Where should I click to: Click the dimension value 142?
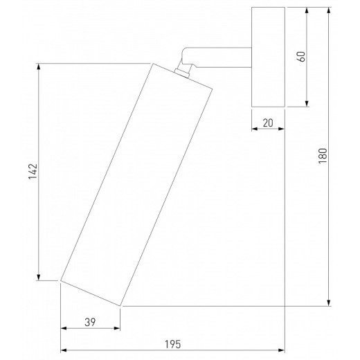point(33,172)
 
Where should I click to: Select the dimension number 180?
point(323,156)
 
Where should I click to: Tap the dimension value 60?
point(301,57)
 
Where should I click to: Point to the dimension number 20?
point(268,123)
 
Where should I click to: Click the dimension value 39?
point(90,322)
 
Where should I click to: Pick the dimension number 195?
point(172,344)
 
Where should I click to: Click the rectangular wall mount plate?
point(268,57)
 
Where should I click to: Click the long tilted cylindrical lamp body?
point(136,185)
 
